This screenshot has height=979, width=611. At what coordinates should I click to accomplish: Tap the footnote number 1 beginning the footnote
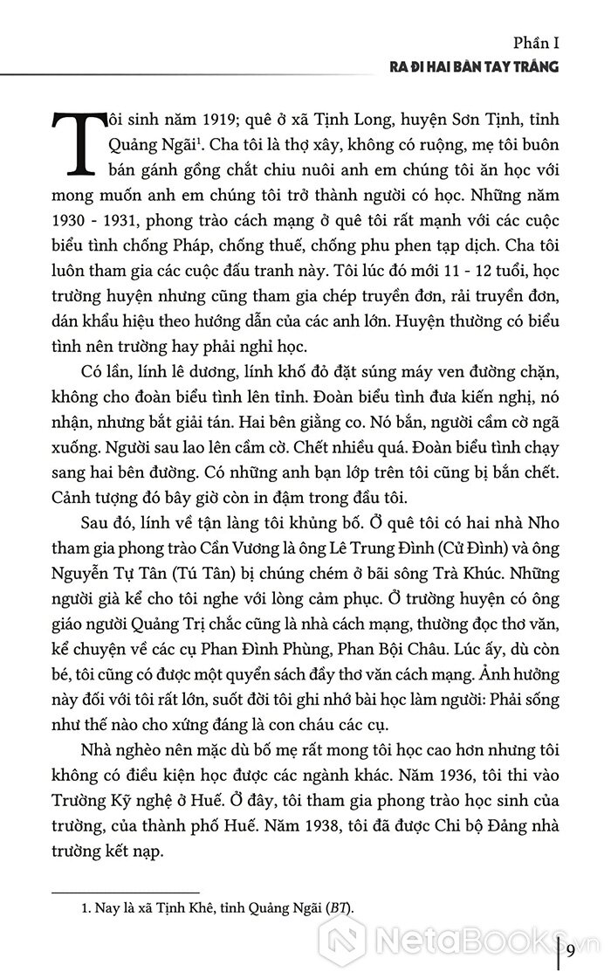click(x=73, y=907)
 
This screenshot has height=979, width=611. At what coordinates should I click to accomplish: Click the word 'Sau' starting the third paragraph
click(x=93, y=527)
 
